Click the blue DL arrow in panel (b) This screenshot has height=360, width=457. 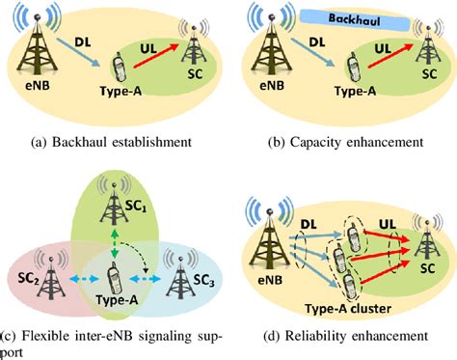pyautogui.click(x=322, y=56)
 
